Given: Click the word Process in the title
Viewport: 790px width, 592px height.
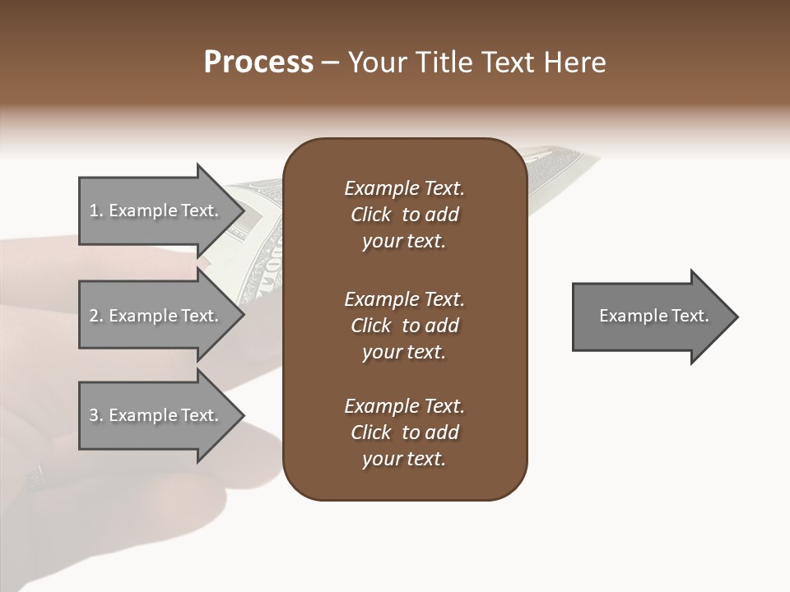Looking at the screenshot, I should point(258,62).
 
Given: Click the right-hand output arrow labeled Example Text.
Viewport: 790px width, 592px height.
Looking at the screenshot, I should point(653,316).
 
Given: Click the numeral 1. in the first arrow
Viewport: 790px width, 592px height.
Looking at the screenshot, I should point(95,210).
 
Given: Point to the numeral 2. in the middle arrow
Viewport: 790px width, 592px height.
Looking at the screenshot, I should point(95,316).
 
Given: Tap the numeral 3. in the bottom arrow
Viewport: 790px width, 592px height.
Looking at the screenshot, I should point(95,415).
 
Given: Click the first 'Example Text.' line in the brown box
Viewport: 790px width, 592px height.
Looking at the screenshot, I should point(404,188).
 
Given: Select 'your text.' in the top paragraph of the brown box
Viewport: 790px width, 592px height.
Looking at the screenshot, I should point(404,242).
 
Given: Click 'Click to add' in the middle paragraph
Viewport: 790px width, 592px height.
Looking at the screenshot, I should point(404,326).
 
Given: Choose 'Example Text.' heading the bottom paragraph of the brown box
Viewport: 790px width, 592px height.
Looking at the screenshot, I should point(404,406).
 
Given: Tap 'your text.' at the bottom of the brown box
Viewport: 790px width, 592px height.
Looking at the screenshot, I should point(404,460).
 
